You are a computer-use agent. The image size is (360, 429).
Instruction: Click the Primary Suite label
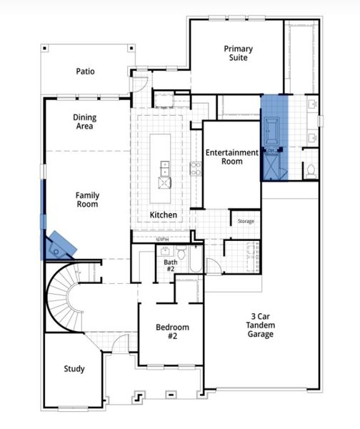point(238,54)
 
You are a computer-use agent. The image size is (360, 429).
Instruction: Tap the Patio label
point(86,71)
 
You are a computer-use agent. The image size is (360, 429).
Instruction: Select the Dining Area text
point(84,122)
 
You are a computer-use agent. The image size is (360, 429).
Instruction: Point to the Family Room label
point(88,199)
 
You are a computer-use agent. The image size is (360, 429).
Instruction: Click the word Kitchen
point(163,215)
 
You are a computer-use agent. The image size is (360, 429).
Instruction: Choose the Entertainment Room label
point(231,157)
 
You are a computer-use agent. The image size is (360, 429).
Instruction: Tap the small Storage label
point(246,222)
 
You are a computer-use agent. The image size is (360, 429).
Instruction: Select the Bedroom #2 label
point(172,332)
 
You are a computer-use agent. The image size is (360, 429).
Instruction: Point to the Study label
point(74,369)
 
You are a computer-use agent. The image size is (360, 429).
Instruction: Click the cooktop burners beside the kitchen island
point(195,169)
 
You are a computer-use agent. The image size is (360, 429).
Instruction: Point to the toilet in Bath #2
point(181,253)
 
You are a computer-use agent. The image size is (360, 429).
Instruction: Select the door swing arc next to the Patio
point(134,85)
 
